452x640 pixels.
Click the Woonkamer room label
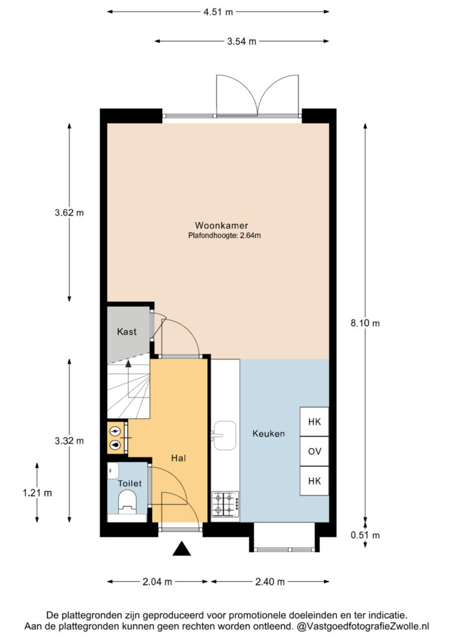(x=221, y=225)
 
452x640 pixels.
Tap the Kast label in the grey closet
(x=127, y=331)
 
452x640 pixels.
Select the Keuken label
(x=268, y=434)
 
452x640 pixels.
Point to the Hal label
(x=179, y=458)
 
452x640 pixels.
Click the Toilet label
(x=130, y=483)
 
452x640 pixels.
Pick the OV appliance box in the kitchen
(x=314, y=451)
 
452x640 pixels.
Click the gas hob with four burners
(x=225, y=504)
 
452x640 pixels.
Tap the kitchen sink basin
(x=225, y=436)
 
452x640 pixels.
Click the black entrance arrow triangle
(x=182, y=549)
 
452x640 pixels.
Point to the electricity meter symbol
(x=115, y=431)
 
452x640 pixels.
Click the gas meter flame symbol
(x=115, y=445)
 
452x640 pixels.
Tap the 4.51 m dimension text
(x=218, y=12)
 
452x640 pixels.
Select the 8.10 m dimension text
(x=365, y=323)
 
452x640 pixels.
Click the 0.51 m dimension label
(x=365, y=535)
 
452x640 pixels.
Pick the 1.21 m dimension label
(x=37, y=492)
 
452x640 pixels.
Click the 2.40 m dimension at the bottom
(x=270, y=582)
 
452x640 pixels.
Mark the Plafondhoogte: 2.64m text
(x=224, y=236)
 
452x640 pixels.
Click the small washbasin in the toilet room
(x=113, y=470)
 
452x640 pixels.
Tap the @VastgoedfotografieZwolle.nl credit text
(x=363, y=626)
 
